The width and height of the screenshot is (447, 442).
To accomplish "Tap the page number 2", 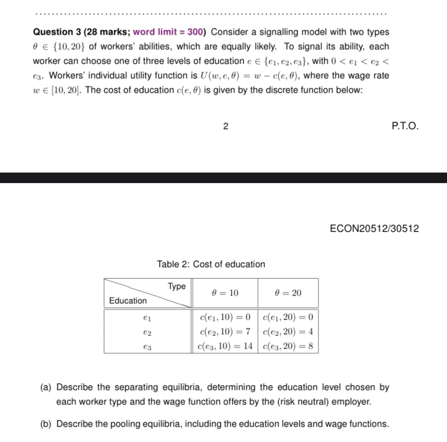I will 225,127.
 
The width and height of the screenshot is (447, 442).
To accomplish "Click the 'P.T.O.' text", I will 405,127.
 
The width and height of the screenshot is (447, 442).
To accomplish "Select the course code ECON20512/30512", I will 374,228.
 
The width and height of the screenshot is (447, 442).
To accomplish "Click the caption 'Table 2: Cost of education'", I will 211,264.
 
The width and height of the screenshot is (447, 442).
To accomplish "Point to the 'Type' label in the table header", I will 177,287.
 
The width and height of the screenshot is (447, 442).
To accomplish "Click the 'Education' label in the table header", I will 128,300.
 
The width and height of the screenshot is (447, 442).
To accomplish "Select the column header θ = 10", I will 225,293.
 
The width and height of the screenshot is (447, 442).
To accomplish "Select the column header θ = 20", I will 288,293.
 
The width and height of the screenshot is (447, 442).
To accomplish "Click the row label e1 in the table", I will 147,317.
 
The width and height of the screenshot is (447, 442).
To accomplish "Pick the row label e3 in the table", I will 147,347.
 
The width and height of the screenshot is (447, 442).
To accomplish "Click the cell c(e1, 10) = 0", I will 224,317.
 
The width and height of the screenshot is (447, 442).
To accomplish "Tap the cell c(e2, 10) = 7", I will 224,331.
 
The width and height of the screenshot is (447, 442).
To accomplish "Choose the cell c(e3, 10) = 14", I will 224,346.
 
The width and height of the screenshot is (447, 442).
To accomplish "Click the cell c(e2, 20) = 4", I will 288,331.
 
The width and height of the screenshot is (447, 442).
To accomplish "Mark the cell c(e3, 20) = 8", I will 288,346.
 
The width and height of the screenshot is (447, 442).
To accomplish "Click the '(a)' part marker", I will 46,387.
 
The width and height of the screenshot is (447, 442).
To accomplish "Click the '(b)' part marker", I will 46,424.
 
